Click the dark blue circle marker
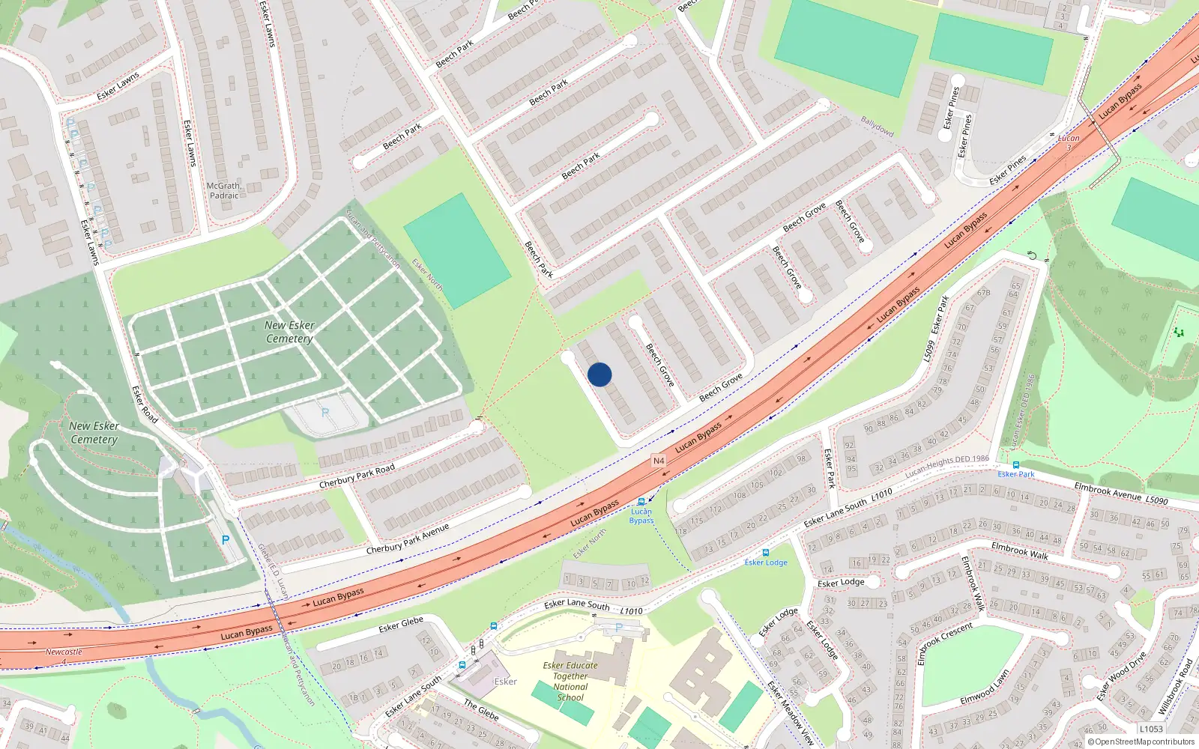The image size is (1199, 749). tap(599, 374)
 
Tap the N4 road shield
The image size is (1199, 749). tap(659, 461)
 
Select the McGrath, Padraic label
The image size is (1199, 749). tap(224, 190)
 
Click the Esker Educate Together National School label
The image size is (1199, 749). tap(570, 681)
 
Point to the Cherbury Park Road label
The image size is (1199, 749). tap(357, 476)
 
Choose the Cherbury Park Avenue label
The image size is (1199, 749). tap(408, 539)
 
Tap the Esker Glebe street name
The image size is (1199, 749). tap(401, 624)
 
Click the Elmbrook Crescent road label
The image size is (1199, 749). tap(945, 642)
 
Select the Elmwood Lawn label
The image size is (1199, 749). tap(985, 688)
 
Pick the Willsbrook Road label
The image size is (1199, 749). tap(1175, 685)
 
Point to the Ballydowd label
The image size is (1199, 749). tap(878, 126)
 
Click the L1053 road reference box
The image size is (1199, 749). tap(1151, 729)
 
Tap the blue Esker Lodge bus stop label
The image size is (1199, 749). tap(766, 562)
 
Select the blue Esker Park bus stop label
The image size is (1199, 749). tap(1015, 474)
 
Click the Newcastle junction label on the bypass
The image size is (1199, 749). tap(64, 652)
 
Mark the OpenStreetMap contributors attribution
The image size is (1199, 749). tap(1141, 742)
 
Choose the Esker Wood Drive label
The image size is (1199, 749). tap(1121, 677)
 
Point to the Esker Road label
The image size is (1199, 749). tap(145, 404)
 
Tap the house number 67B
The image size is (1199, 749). tap(983, 293)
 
